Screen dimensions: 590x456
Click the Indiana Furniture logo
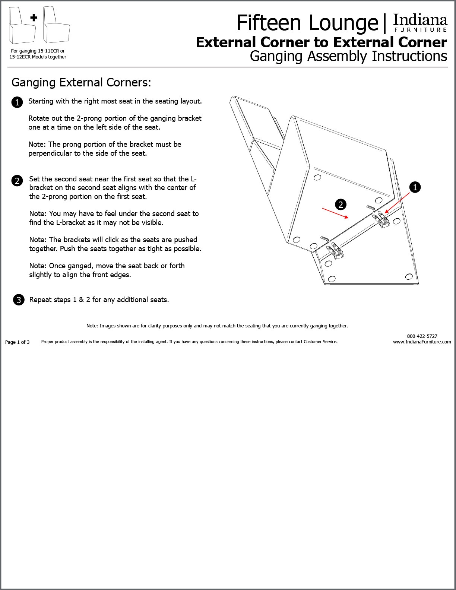(420, 23)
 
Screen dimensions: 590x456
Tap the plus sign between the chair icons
(34, 18)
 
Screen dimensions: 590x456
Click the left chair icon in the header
(22, 25)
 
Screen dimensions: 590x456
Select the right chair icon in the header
(56, 25)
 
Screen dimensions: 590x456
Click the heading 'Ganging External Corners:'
(81, 82)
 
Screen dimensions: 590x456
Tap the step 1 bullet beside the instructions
(17, 102)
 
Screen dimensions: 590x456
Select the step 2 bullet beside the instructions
(17, 181)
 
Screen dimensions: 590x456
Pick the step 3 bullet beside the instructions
(19, 300)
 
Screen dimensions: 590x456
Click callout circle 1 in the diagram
(415, 187)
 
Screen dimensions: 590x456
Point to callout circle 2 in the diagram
(341, 204)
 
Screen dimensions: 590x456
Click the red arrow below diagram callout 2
(335, 213)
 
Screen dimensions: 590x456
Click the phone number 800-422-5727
(422, 336)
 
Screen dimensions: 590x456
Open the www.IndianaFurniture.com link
(422, 342)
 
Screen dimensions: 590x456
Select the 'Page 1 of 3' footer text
(17, 342)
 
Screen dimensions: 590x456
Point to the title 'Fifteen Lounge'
(307, 23)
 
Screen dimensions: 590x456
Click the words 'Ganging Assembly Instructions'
(348, 56)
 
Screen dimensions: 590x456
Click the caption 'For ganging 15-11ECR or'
(38, 51)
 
